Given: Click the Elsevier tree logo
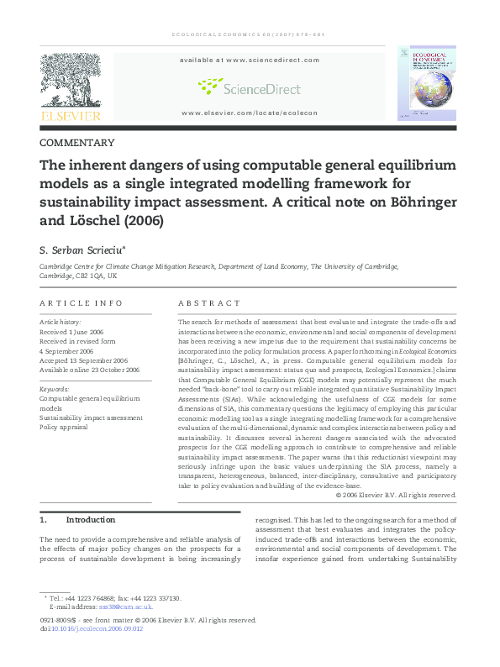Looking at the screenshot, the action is (x=71, y=81).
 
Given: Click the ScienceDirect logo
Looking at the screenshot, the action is (x=249, y=86).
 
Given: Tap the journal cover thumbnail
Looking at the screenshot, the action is (x=427, y=83).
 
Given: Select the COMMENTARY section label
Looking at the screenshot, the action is (x=77, y=143).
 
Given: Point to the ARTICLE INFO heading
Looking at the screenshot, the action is (x=82, y=303).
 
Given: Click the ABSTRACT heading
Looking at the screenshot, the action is (x=209, y=303).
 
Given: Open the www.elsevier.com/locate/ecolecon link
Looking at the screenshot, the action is (x=249, y=113).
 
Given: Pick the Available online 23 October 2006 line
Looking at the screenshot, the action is (x=90, y=369).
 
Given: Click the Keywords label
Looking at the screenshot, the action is (x=55, y=389).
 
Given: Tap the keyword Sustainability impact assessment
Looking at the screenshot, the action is (x=91, y=417).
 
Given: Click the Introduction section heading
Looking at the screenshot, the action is (x=90, y=520).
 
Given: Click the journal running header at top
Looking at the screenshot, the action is (x=249, y=34).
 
